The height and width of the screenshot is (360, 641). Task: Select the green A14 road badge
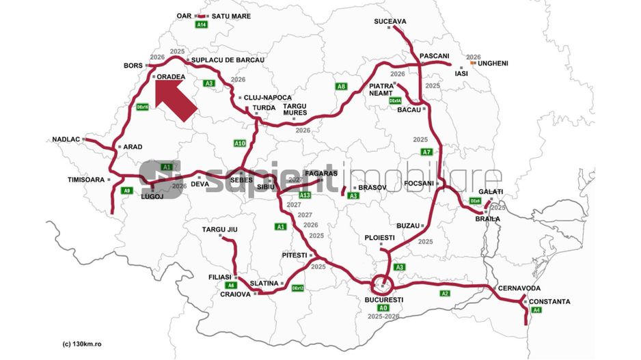click(x=202, y=25)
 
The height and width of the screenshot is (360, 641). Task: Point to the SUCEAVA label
click(x=390, y=21)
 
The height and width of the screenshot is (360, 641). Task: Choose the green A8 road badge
click(x=341, y=86)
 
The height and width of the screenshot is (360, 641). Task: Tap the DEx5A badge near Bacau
click(x=395, y=100)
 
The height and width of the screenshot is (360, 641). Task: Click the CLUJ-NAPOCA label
click(x=268, y=98)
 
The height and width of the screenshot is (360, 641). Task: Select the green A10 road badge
click(x=239, y=143)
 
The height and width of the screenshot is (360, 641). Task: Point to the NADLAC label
click(x=66, y=139)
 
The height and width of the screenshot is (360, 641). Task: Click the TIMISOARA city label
click(x=85, y=180)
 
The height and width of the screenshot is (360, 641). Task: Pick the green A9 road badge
click(x=126, y=191)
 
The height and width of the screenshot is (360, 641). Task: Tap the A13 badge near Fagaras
click(x=305, y=195)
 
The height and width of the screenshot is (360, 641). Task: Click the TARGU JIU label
click(x=219, y=229)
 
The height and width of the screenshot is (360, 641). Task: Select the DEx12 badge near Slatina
click(x=297, y=288)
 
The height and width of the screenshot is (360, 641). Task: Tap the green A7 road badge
click(x=426, y=152)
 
